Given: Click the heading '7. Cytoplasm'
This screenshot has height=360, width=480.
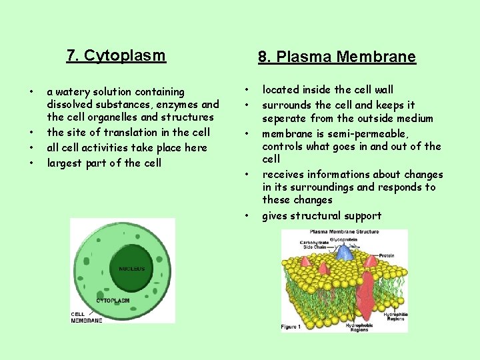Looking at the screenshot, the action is [116, 55].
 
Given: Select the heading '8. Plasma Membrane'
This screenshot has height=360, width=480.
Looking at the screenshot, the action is [337, 57].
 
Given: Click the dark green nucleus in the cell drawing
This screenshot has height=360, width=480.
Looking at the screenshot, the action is [131, 269].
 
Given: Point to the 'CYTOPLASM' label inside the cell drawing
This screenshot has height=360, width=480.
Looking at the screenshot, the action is [113, 301].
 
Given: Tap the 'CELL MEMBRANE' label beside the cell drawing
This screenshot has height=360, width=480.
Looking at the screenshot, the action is [87, 318].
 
